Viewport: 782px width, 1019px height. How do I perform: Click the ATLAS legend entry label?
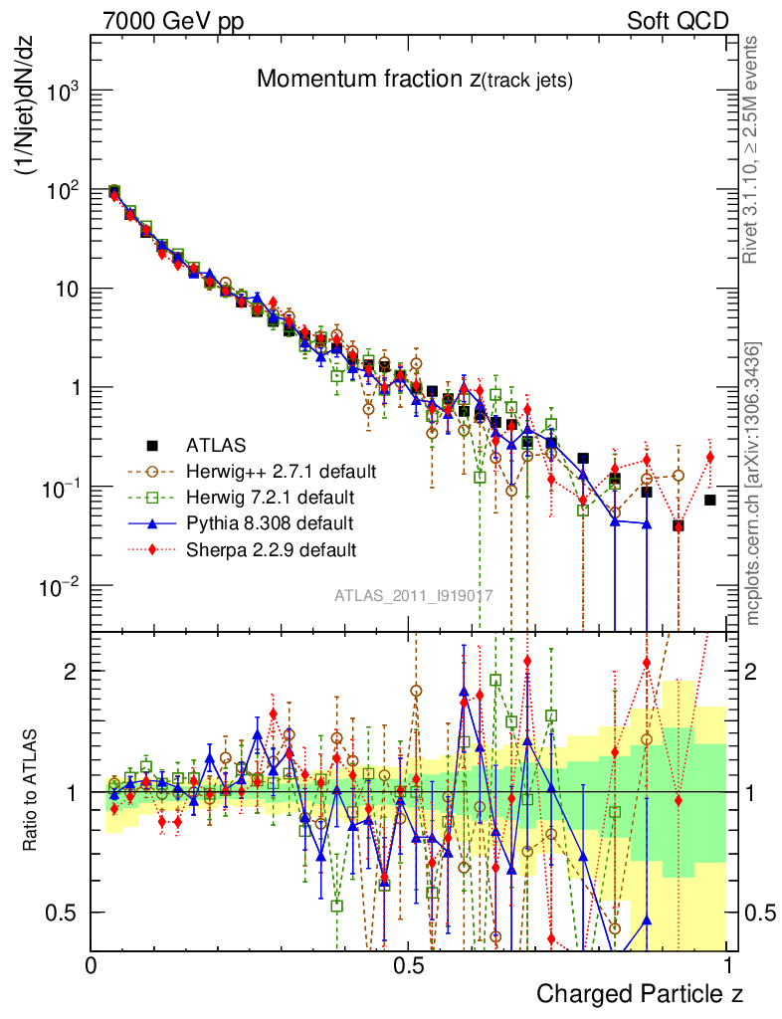216,445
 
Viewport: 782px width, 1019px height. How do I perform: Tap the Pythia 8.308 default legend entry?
270,522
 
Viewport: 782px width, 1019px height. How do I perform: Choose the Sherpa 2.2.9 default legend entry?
271,548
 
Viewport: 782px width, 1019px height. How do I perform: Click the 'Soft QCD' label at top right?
678,21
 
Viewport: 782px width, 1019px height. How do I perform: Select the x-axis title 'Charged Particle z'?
639,993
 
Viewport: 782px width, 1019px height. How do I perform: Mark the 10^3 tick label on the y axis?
63,92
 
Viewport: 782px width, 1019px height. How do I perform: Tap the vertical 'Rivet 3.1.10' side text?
754,149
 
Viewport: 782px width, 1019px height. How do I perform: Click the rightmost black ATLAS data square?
710,500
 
